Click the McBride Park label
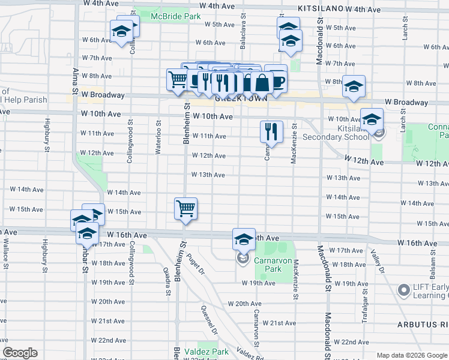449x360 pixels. coord(175,17)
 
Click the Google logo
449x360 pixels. coord(20,353)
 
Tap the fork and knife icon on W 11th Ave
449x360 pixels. coord(271,131)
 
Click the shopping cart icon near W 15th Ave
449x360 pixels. coord(185,209)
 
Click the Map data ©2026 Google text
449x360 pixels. coord(411,355)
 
